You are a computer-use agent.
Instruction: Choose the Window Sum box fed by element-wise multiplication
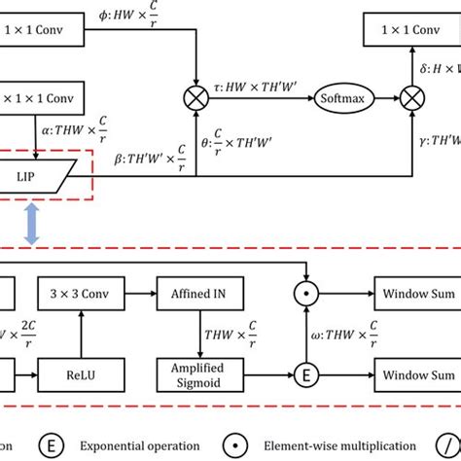pos(415,289)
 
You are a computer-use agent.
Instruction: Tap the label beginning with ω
pos(362,331)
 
